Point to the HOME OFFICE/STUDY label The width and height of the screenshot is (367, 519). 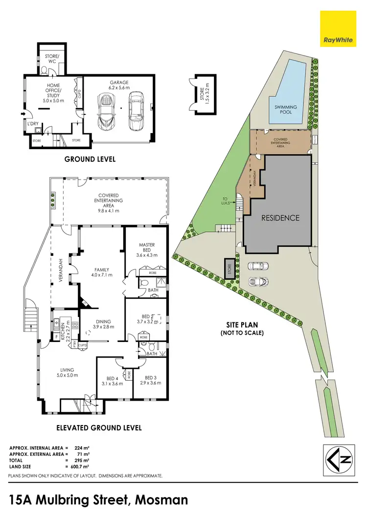click(x=50, y=91)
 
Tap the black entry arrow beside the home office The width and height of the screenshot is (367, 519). click(x=23, y=114)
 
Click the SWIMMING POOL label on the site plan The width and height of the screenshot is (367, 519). click(x=285, y=109)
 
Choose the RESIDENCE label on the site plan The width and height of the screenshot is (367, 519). click(x=279, y=218)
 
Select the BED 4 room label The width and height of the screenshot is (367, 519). click(x=113, y=381)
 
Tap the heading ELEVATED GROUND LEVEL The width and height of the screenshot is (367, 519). click(x=92, y=428)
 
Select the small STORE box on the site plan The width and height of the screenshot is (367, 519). click(x=229, y=269)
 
